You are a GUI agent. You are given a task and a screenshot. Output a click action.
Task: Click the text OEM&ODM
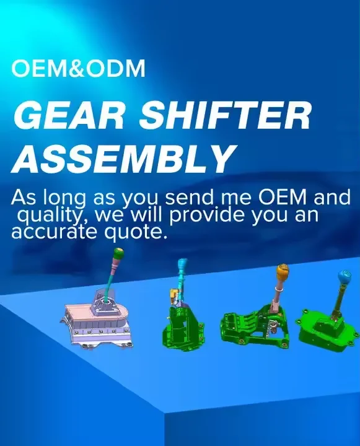click(x=79, y=69)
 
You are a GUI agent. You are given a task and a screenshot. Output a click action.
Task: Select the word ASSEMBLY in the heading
click(x=123, y=159)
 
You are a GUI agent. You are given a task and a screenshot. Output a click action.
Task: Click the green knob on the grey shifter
click(x=118, y=254)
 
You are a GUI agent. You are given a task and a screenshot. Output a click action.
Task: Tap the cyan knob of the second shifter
click(x=183, y=266)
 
